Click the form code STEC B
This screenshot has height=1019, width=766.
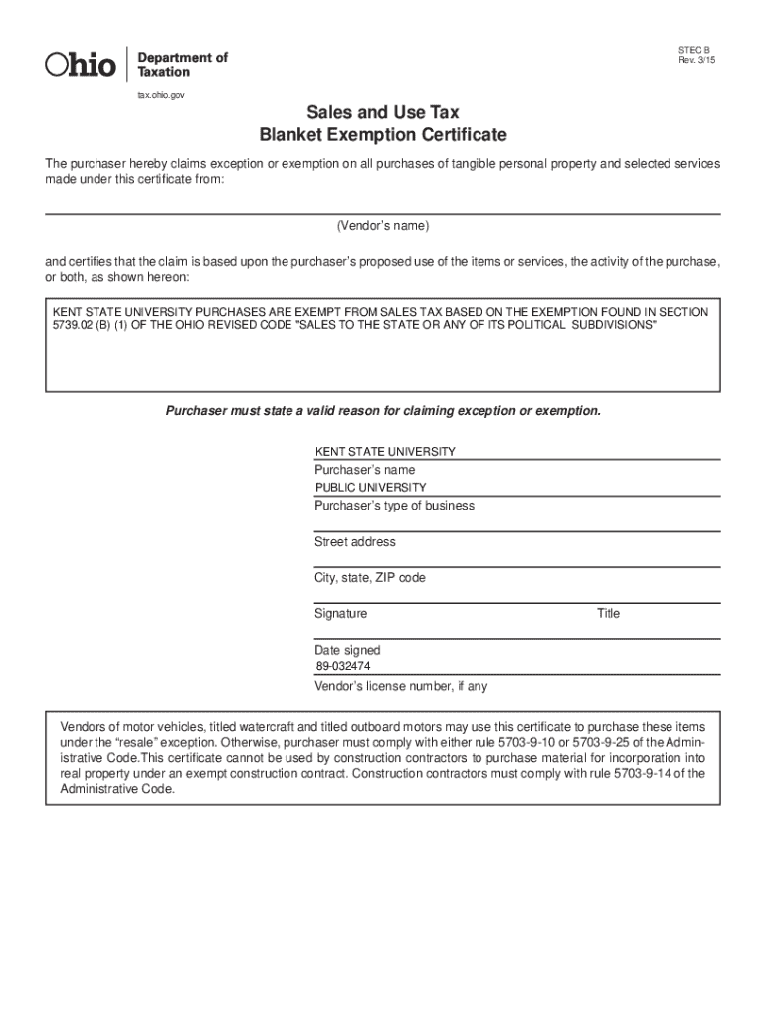click(694, 49)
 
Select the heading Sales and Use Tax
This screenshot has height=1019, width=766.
click(383, 113)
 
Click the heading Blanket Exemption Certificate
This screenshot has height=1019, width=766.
click(383, 135)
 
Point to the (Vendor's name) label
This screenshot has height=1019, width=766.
click(383, 226)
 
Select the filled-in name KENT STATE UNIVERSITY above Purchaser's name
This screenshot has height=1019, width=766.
click(385, 451)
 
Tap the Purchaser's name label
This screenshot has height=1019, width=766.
click(365, 470)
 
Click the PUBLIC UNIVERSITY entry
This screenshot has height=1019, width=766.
click(370, 488)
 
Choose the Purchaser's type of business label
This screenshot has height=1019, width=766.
click(394, 506)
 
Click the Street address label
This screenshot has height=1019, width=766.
click(355, 542)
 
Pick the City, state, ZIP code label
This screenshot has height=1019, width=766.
click(370, 578)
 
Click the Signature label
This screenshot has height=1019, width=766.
click(340, 614)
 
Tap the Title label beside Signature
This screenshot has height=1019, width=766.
click(608, 614)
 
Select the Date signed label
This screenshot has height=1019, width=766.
click(347, 651)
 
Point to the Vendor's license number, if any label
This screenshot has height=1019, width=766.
click(401, 687)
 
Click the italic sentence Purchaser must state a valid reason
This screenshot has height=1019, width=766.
click(383, 411)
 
